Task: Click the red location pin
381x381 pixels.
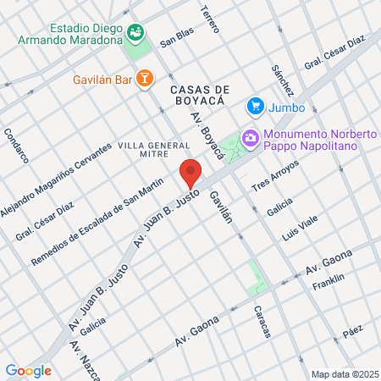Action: (191, 174)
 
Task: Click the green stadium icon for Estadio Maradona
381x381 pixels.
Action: (135, 32)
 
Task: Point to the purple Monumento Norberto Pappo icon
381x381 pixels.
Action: (250, 136)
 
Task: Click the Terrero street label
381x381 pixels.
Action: (210, 19)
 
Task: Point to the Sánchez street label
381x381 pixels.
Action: (282, 79)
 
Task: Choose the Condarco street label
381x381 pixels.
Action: (16, 145)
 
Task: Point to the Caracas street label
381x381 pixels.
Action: (262, 322)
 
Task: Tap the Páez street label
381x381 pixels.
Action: (353, 334)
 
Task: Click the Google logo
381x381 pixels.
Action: (29, 370)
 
